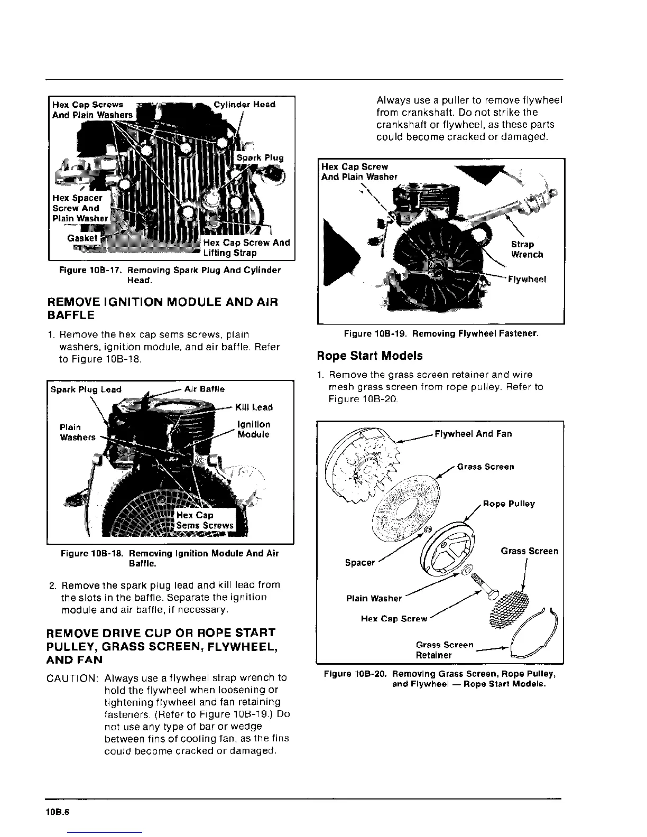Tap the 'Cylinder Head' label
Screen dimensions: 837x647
click(244, 105)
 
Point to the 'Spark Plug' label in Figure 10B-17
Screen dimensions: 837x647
click(260, 157)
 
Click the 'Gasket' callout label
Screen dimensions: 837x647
click(82, 238)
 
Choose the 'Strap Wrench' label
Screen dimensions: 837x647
click(526, 249)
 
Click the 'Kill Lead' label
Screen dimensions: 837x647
click(255, 407)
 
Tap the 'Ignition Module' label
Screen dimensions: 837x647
click(254, 429)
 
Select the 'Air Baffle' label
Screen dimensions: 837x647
click(205, 389)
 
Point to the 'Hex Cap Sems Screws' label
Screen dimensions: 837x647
click(205, 520)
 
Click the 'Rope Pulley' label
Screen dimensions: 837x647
click(509, 504)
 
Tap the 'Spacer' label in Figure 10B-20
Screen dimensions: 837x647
click(359, 563)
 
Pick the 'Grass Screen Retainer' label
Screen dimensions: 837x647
click(444, 650)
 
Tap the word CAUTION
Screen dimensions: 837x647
click(72, 678)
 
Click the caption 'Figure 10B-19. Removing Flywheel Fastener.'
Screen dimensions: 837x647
click(441, 334)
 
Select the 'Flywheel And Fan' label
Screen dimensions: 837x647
click(473, 434)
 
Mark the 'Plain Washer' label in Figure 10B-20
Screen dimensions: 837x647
click(374, 598)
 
